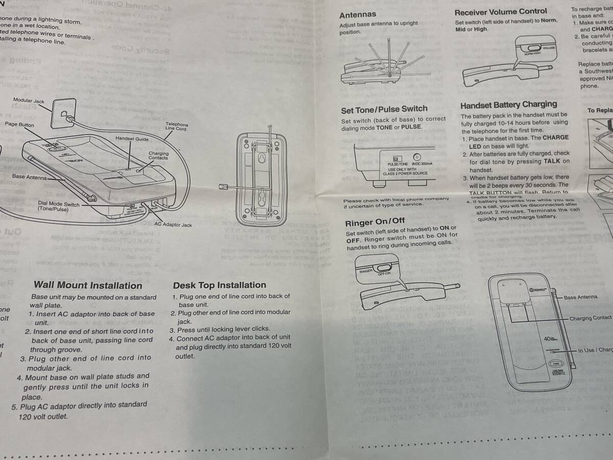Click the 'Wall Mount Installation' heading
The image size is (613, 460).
coord(88,285)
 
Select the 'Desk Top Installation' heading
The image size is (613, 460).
coord(219,285)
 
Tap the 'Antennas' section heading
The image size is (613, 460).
coord(358,15)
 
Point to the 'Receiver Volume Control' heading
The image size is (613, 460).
coord(501,11)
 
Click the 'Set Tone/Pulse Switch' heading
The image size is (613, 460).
coord(384,109)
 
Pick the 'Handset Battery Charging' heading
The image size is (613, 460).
coord(509,105)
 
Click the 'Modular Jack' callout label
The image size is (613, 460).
coord(29,101)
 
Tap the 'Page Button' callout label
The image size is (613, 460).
coord(20,124)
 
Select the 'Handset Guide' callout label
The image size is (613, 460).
coord(132,139)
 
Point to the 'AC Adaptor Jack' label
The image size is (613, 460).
coord(173,224)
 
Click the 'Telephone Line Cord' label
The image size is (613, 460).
coord(176,127)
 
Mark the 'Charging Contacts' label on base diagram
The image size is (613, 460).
coord(158,156)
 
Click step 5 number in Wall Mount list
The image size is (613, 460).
coord(15,407)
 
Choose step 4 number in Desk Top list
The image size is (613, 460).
coord(172,338)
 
